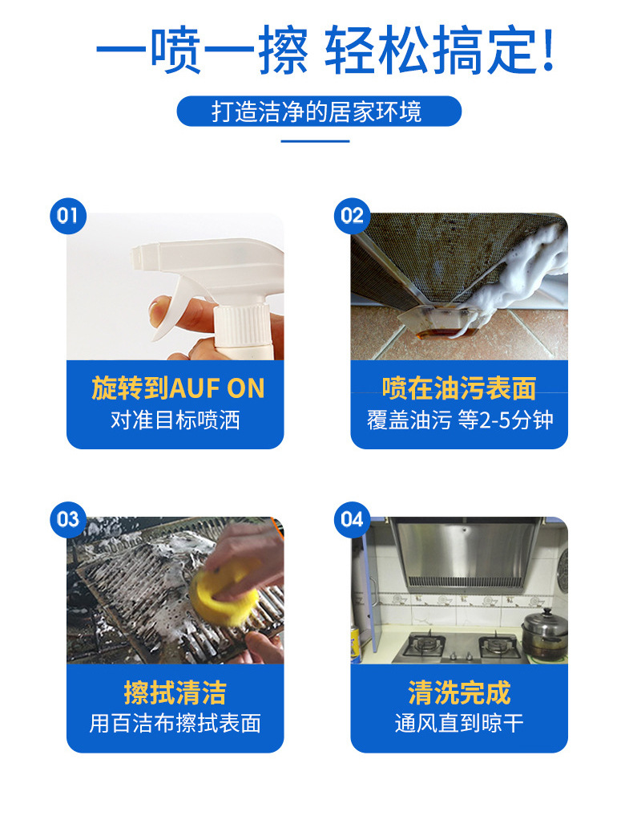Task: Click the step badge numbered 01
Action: pos(68,216)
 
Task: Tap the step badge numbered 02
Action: pos(353,216)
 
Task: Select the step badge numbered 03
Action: pos(68,519)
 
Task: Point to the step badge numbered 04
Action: pos(353,519)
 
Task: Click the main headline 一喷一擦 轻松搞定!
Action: pos(325,50)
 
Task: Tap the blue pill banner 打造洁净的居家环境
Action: pos(319,111)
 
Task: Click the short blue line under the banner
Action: pos(316,141)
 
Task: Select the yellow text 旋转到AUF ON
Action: pos(178,388)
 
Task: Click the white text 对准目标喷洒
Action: pos(175,420)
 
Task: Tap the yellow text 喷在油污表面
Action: pos(459,388)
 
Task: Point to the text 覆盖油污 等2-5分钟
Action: pos(460,420)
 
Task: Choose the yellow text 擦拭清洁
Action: pos(175,692)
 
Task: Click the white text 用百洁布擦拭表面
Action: pos(175,724)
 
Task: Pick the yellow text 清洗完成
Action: pos(459,692)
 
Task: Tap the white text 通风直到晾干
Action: pos(459,724)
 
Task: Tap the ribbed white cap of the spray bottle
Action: pos(242,327)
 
